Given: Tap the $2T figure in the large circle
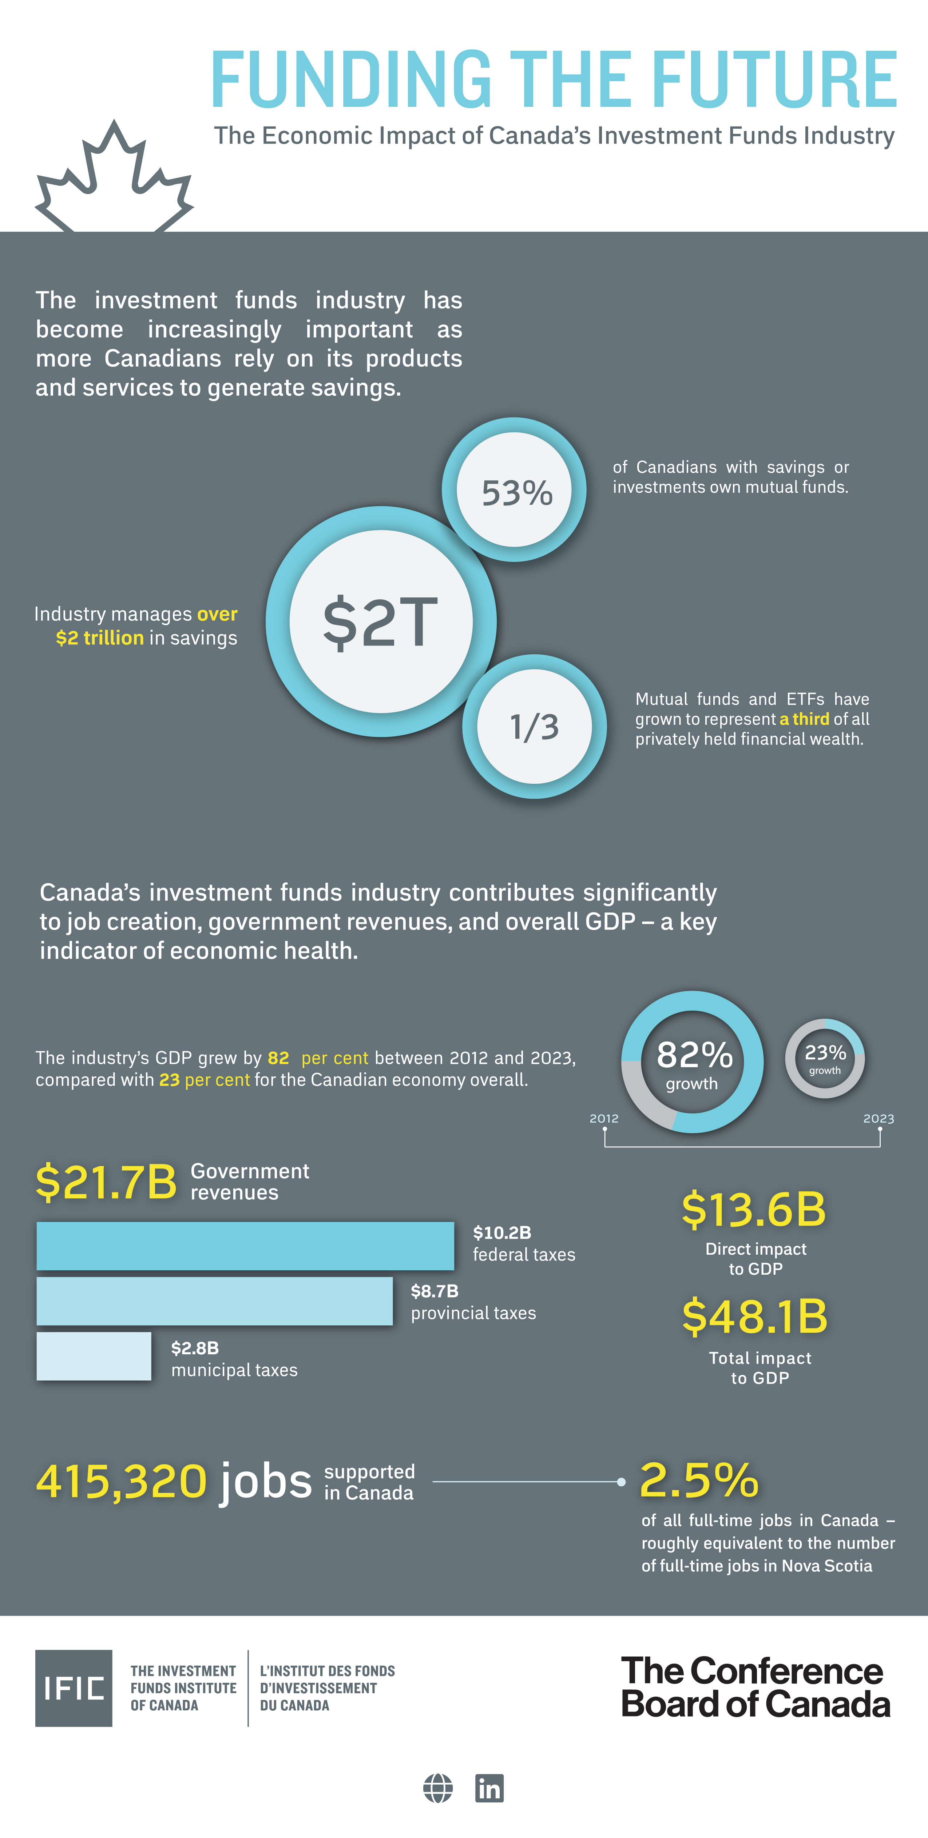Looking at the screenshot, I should point(381,622).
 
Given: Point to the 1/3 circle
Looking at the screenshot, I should point(535,726).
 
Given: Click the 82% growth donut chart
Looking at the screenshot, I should point(693,1062).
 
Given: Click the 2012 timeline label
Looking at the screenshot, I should point(604,1118).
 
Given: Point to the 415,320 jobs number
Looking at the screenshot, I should point(121,1481).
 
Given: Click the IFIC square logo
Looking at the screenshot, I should point(74,1688).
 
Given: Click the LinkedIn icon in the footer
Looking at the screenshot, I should point(489,1788).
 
